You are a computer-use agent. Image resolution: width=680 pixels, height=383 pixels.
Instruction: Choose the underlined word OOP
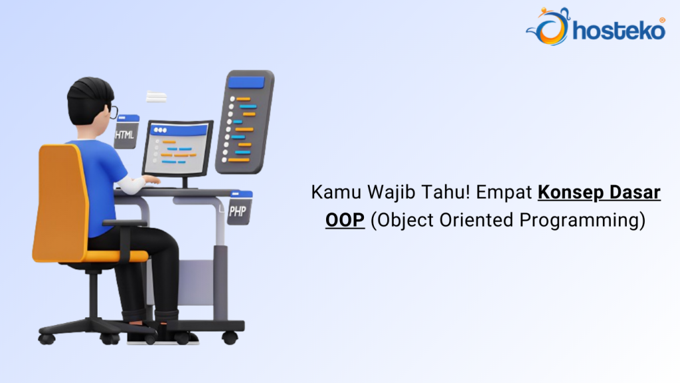coord(345,221)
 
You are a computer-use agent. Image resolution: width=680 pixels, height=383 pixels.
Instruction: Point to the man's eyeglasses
coord(114,111)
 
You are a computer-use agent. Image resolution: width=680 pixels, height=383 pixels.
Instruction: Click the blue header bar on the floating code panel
coord(246,83)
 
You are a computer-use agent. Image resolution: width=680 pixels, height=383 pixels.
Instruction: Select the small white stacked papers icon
coord(156,97)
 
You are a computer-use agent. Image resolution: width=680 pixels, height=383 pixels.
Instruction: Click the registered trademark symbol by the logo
coord(661,20)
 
